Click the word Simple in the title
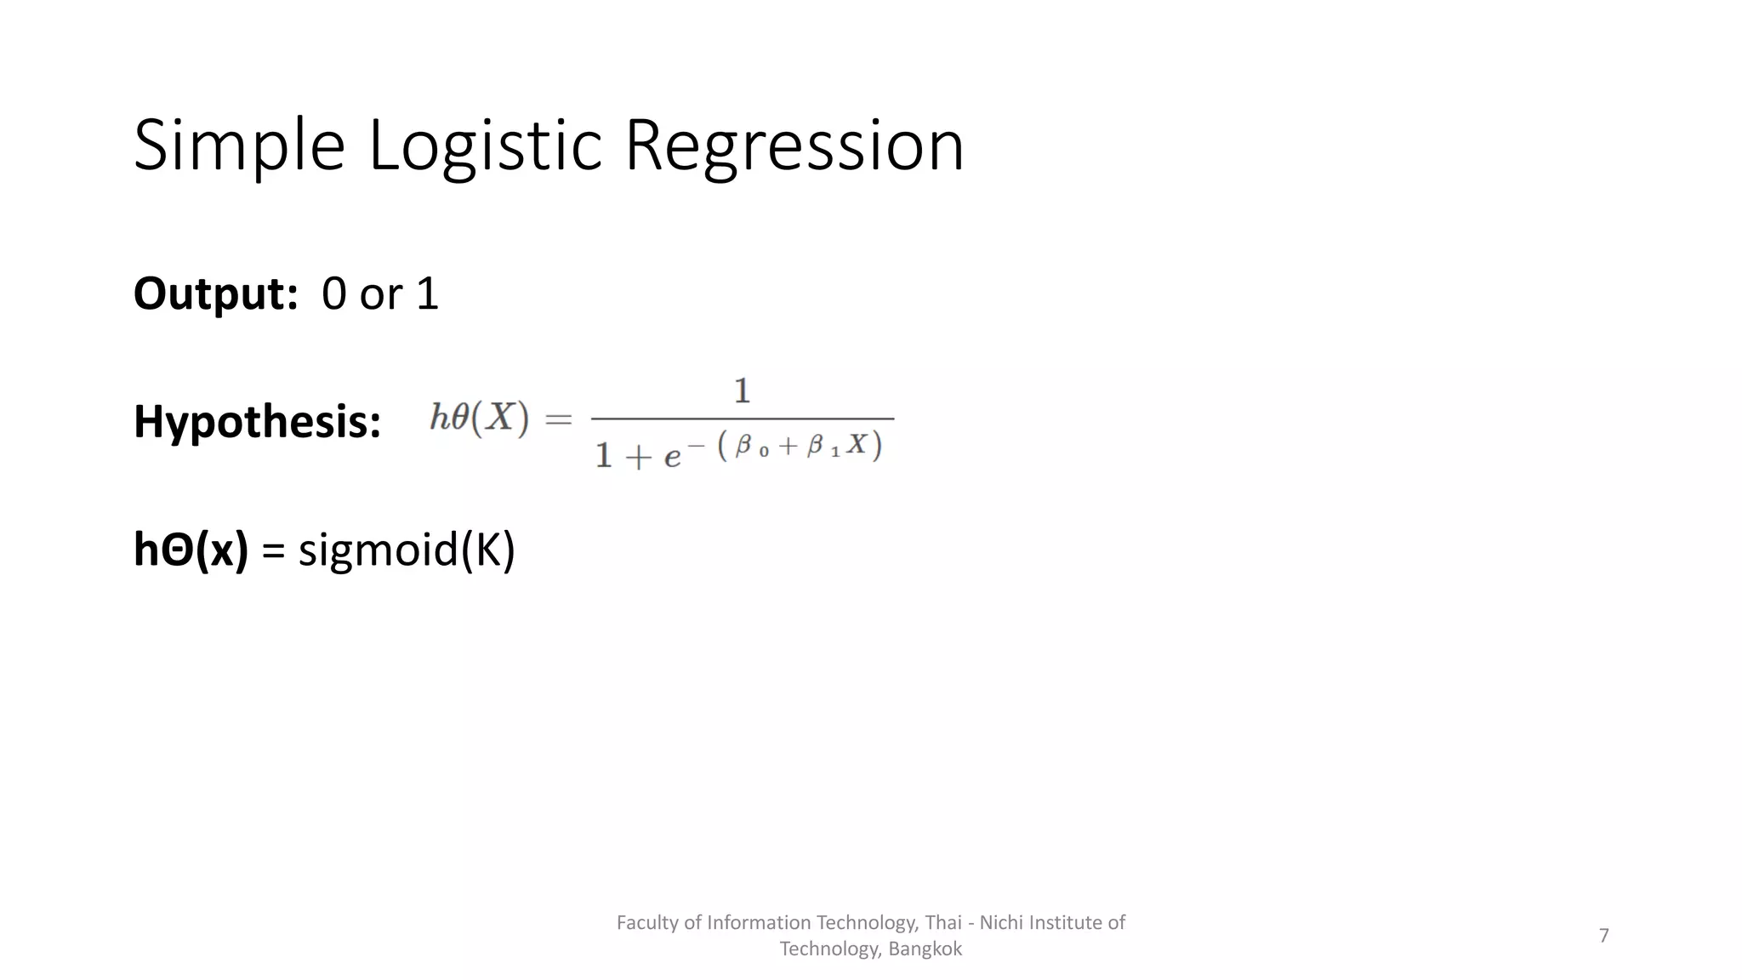pos(239,146)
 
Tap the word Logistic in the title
pos(485,146)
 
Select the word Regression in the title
pos(794,146)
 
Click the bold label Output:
pos(215,294)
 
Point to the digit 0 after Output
pos(334,294)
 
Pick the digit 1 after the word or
pos(427,294)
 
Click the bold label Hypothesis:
pos(257,422)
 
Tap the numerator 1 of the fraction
pos(742,391)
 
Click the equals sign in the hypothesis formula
pos(559,419)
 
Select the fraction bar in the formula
pos(742,419)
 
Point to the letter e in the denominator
pos(672,457)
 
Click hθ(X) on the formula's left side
pos(479,418)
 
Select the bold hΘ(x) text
pos(191,550)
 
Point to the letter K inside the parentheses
pos(488,550)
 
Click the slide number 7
pos(1603,936)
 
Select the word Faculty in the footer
pos(647,923)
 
